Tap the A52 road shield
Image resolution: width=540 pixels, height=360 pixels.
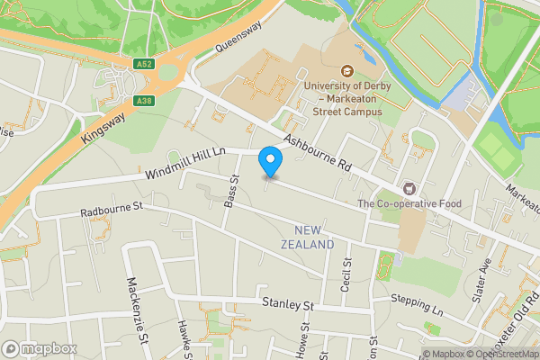[x=144, y=64]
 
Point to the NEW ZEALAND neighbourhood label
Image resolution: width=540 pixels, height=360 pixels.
[x=307, y=237]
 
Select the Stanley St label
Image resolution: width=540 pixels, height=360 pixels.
[x=287, y=305]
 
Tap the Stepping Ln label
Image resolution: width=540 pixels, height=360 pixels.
[x=418, y=302]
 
